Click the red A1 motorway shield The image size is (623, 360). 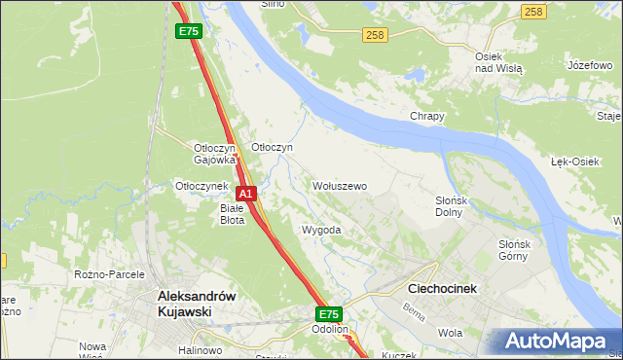[246, 194]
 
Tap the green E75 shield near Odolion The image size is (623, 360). [328, 314]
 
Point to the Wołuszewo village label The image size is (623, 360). [339, 185]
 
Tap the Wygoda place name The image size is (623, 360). [321, 230]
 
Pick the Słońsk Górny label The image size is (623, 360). [512, 250]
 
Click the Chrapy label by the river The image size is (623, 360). [426, 117]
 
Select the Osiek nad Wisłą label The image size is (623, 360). [498, 62]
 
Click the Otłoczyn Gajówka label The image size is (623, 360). [215, 153]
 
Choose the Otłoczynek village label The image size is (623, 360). [201, 185]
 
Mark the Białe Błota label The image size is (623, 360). [232, 213]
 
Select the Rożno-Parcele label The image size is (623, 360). [109, 274]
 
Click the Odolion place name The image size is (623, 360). [330, 330]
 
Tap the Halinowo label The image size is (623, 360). [200, 350]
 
